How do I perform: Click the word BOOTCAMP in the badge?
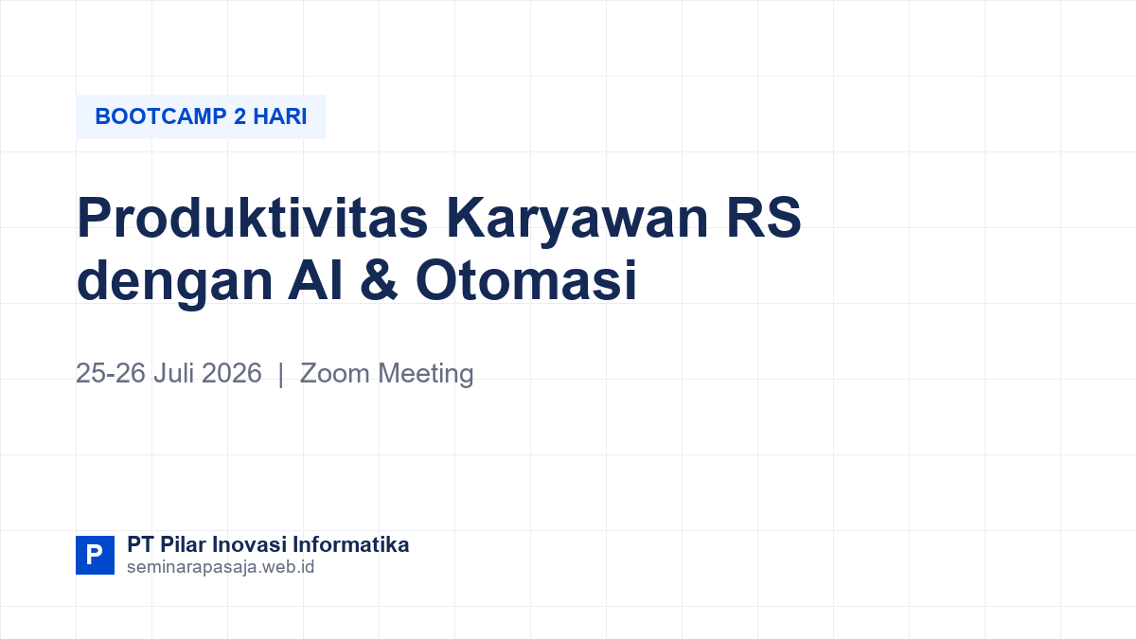tap(161, 116)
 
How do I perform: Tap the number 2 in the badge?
tap(240, 116)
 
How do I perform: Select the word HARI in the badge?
tap(280, 116)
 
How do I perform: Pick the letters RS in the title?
tap(764, 217)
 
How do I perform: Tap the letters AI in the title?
tap(315, 279)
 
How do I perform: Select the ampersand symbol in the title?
tap(379, 279)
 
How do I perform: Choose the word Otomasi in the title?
tap(526, 279)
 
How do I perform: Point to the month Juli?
tap(173, 373)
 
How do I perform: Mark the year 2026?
tap(232, 373)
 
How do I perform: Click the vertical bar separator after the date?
tap(281, 374)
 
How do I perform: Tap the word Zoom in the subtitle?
tap(335, 373)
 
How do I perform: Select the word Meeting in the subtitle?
tap(426, 375)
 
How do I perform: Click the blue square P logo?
tap(95, 555)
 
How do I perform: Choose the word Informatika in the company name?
tap(351, 544)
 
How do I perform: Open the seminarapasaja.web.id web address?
tap(221, 567)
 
